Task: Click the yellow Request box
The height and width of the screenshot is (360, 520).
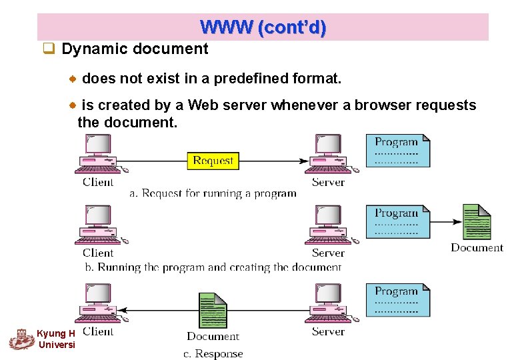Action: coord(213,161)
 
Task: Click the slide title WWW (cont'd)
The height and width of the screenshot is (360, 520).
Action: coord(263,27)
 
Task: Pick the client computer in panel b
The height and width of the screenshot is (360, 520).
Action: coord(99,226)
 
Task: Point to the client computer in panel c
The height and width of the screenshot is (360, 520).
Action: coord(99,305)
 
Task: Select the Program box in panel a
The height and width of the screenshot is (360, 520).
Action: coord(397,151)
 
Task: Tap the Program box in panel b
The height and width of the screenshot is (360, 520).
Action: coord(397,222)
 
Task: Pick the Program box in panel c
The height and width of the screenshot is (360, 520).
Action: coord(397,300)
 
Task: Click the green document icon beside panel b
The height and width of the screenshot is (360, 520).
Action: coord(477,221)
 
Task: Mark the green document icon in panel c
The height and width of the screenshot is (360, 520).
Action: coord(213,310)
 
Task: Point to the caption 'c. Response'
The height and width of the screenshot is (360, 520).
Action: coord(213,354)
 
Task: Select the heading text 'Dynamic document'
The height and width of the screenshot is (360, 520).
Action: coord(135,49)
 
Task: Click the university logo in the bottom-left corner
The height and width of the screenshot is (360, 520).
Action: coord(22,339)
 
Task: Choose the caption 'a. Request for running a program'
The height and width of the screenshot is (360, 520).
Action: coord(213,194)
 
